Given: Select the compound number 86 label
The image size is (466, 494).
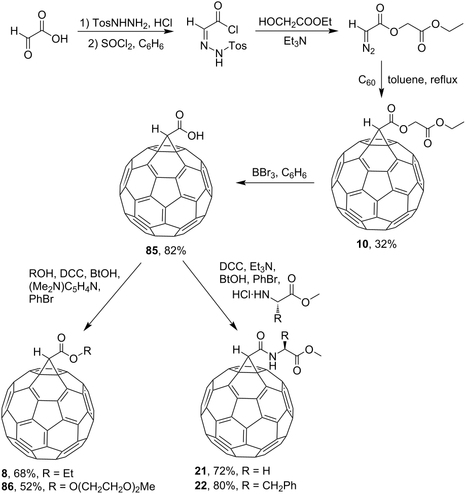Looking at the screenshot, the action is pyautogui.click(x=8, y=486).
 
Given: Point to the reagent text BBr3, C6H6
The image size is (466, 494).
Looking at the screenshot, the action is pyautogui.click(x=279, y=173).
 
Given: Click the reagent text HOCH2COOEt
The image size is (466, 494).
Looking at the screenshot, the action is pyautogui.click(x=296, y=23).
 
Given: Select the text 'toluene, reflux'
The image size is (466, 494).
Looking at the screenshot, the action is pyautogui.click(x=422, y=80).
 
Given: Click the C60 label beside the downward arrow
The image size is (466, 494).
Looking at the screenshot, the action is pyautogui.click(x=367, y=80).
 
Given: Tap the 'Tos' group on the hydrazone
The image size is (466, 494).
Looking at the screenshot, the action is pyautogui.click(x=238, y=46).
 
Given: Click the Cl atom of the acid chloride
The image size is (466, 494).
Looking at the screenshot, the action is pyautogui.click(x=233, y=30).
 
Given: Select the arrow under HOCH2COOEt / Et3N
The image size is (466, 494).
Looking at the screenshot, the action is pyautogui.click(x=296, y=31).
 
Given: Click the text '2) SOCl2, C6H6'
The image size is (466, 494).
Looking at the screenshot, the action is pyautogui.click(x=125, y=45).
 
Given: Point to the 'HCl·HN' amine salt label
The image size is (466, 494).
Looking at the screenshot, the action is pyautogui.click(x=251, y=295).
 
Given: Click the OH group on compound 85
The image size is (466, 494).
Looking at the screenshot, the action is pyautogui.click(x=196, y=135).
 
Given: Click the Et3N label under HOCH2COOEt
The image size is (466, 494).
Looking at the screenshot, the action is pyautogui.click(x=295, y=41).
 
